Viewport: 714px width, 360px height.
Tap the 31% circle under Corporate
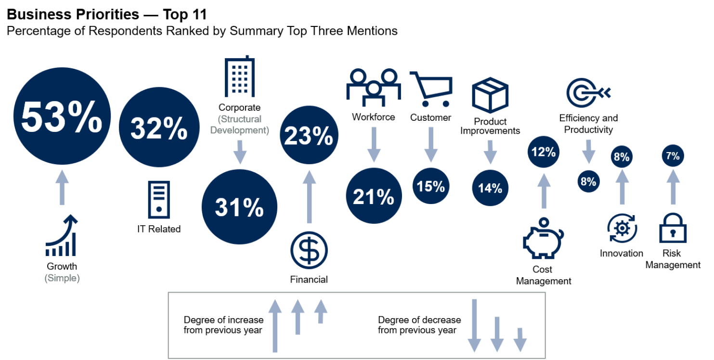(239, 207)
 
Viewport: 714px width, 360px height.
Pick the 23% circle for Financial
(308, 136)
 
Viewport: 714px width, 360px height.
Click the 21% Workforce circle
(374, 196)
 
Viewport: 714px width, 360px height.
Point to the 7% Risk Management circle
(673, 156)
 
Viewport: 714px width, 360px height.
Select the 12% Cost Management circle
(544, 152)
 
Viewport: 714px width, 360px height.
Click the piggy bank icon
(543, 239)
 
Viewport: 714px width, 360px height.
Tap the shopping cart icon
(431, 89)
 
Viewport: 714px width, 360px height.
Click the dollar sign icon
(309, 251)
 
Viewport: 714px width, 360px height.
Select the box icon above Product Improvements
(490, 96)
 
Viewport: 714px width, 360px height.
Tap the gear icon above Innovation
(622, 228)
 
